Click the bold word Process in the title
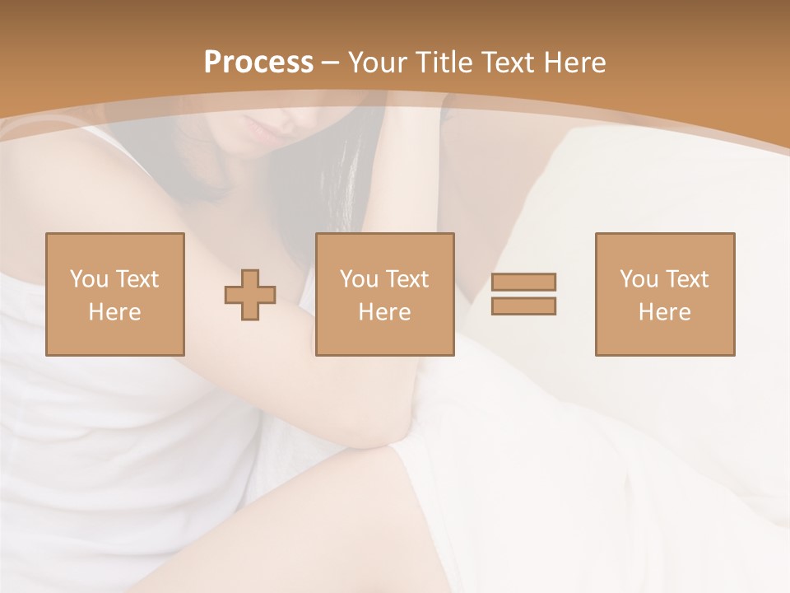pyautogui.click(x=258, y=63)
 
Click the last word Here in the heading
pyautogui.click(x=575, y=63)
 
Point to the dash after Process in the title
pyautogui.click(x=330, y=63)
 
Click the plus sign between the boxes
pyautogui.click(x=250, y=295)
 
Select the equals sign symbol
pyautogui.click(x=523, y=294)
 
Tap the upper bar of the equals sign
pyautogui.click(x=523, y=282)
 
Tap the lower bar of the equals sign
pyautogui.click(x=523, y=306)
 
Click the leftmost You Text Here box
pyautogui.click(x=115, y=294)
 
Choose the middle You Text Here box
pyautogui.click(x=385, y=294)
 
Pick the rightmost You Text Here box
pyautogui.click(x=665, y=294)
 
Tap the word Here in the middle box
pyautogui.click(x=385, y=312)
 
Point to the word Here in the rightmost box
pyautogui.click(x=665, y=312)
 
